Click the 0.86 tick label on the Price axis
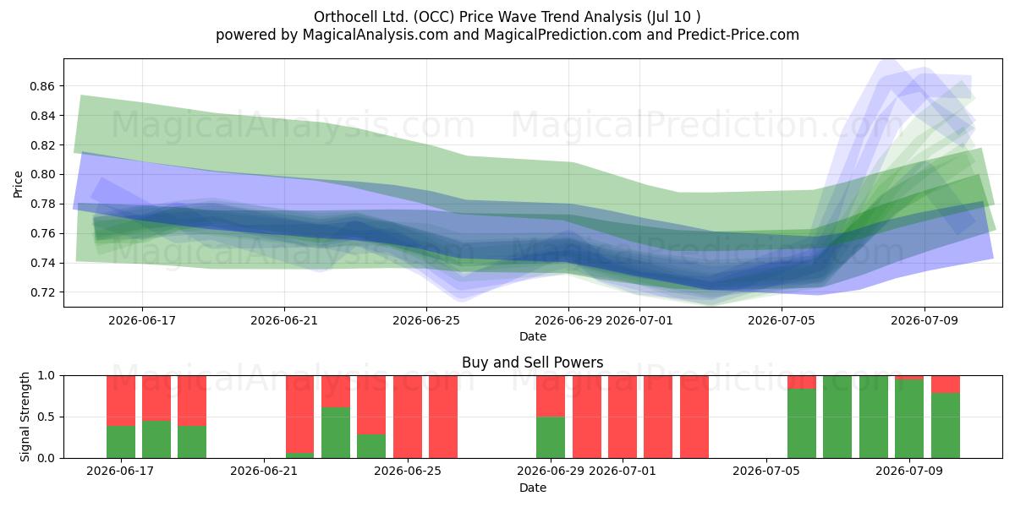point(42,86)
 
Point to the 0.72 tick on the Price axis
point(42,292)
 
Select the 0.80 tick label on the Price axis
point(42,175)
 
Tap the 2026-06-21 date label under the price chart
point(284,320)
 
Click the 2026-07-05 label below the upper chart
point(782,320)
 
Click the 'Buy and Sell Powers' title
point(532,363)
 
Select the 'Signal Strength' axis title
point(25,417)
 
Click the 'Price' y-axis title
point(18,184)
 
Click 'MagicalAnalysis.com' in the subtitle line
point(376,35)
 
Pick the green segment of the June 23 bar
point(336,433)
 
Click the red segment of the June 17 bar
point(121,401)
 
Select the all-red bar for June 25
point(408,417)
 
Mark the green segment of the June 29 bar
point(551,438)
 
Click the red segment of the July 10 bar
point(946,384)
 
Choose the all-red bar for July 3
point(694,417)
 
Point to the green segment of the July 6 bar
point(802,423)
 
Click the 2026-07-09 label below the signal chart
point(909,472)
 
